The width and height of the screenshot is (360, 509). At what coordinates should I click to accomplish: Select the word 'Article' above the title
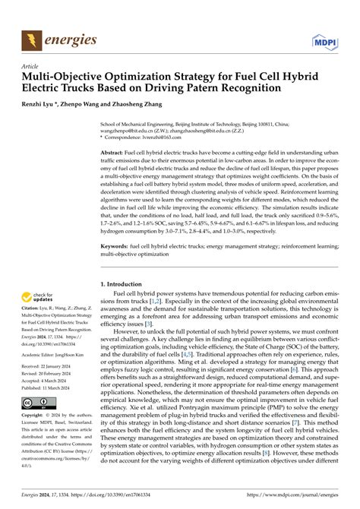click(32, 66)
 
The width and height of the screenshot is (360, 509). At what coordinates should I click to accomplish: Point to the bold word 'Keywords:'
click(118, 226)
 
